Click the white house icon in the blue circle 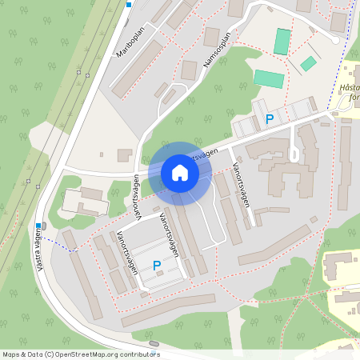click(180, 173)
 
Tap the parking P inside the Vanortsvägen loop click(156, 265)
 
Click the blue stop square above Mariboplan click(128, 5)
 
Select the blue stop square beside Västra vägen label click(38, 226)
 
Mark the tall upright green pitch click(282, 42)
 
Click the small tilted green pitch click(308, 63)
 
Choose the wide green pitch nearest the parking click(269, 79)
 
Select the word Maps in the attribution click(12, 354)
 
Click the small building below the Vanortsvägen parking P click(159, 274)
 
